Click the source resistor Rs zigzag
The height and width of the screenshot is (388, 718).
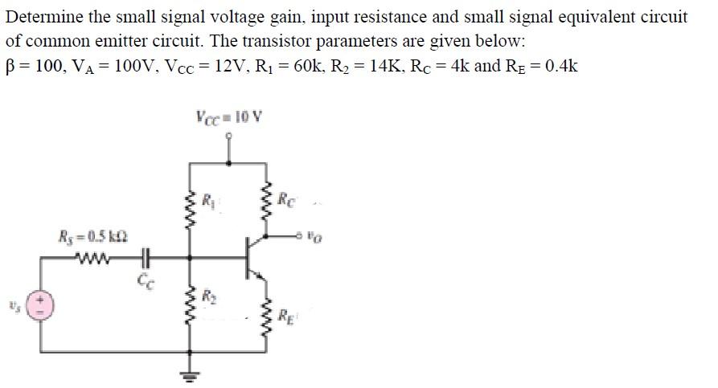click(90, 259)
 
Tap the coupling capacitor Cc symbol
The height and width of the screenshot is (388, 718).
click(145, 259)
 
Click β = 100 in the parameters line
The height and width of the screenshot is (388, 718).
click(34, 66)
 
